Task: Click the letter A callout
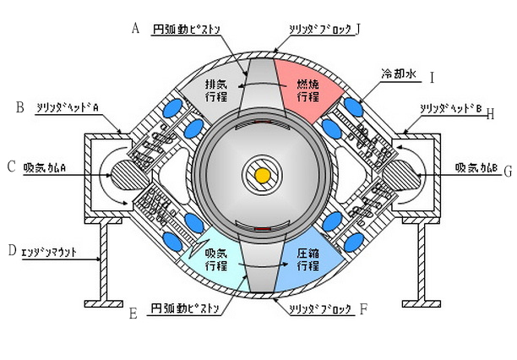pyautogui.click(x=135, y=28)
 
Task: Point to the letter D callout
pyautogui.click(x=11, y=250)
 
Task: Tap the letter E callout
pyautogui.click(x=133, y=314)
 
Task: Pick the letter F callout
pyautogui.click(x=363, y=309)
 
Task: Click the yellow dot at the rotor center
pyautogui.click(x=262, y=175)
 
